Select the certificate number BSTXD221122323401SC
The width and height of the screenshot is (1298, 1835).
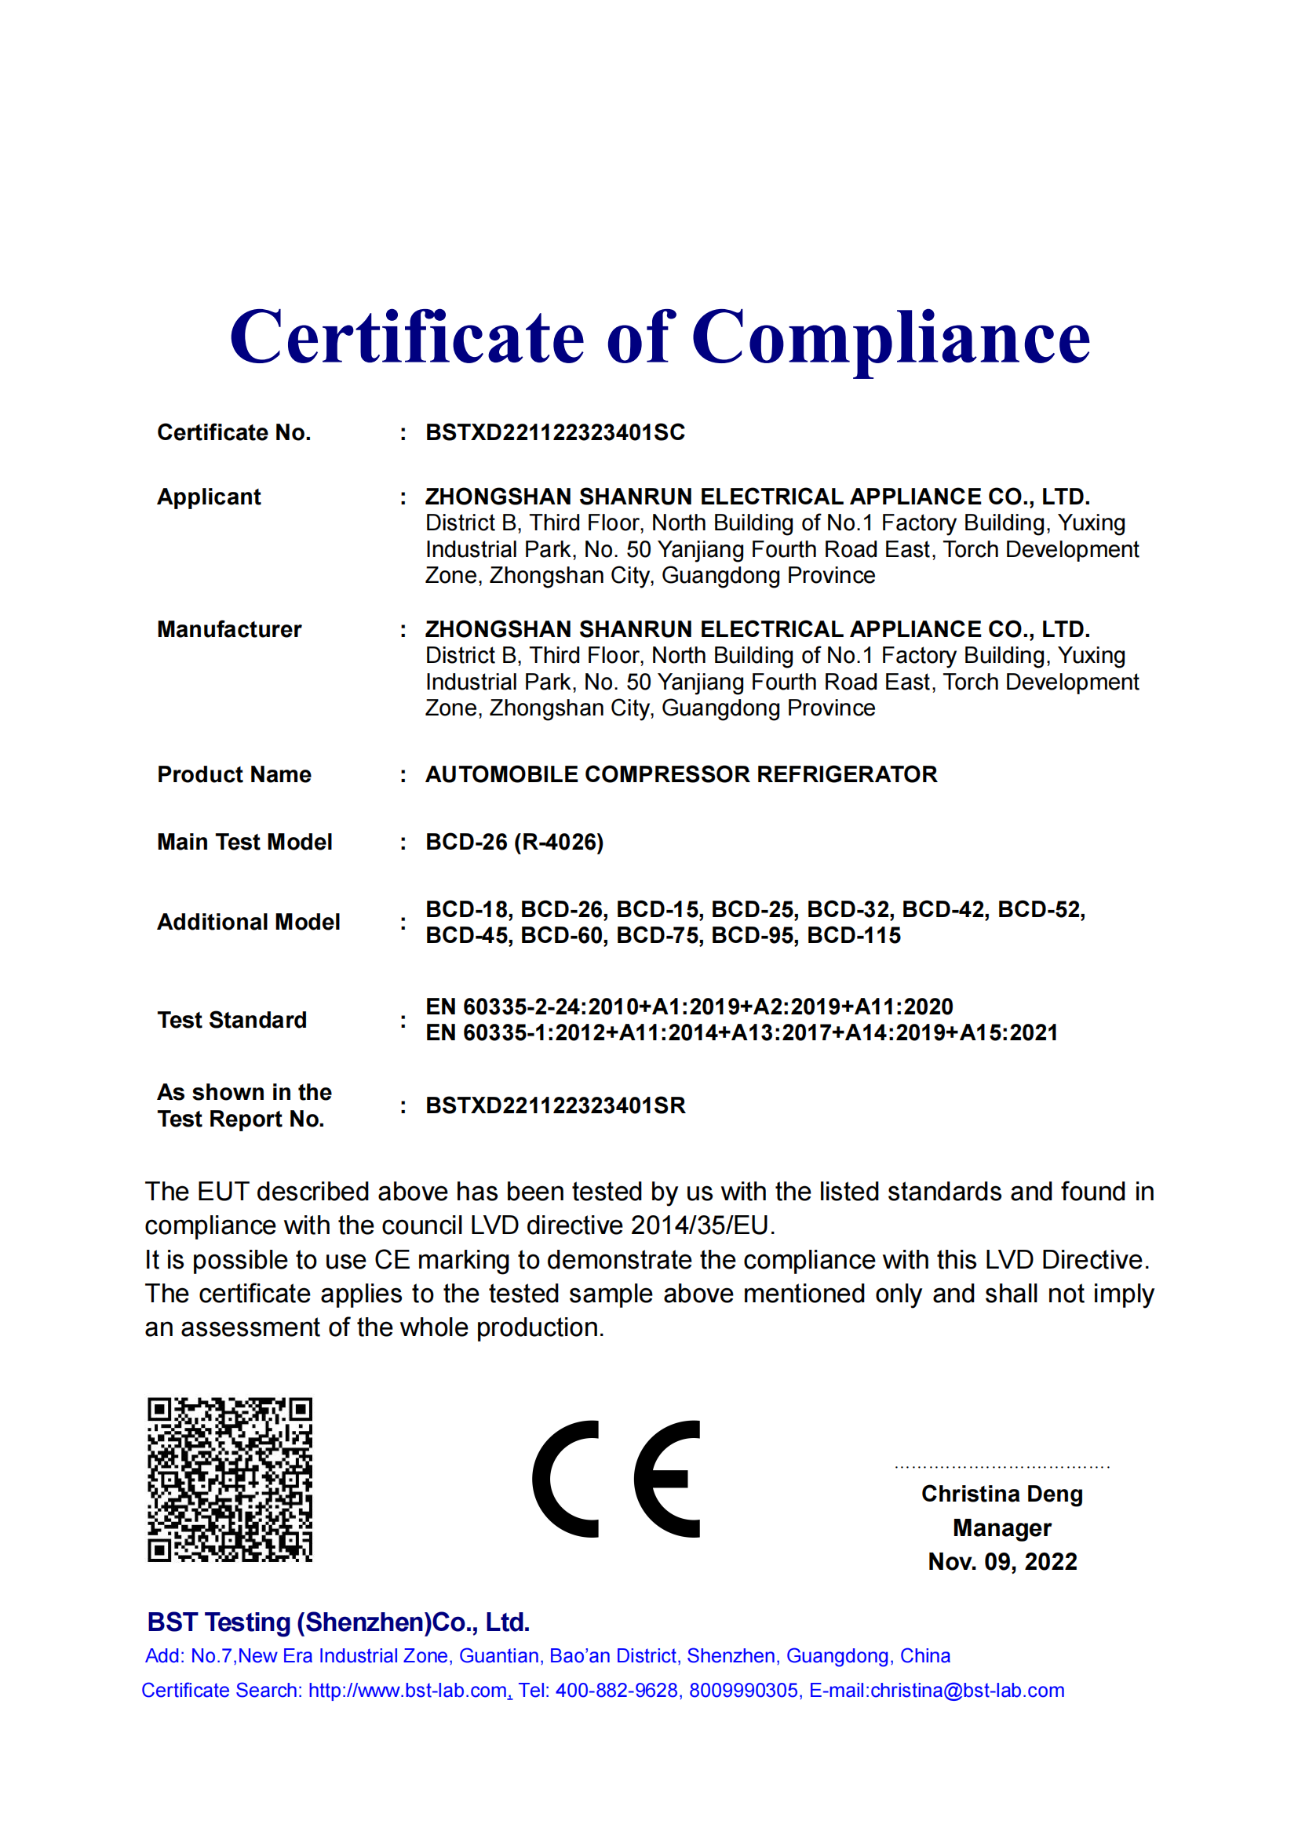point(555,432)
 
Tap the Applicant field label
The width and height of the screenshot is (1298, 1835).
point(209,497)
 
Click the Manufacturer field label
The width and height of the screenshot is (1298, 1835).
point(229,629)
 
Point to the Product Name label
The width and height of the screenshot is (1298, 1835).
point(234,774)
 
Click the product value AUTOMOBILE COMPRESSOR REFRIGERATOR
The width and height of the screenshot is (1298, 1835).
point(681,774)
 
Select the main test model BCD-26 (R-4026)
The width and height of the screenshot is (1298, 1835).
point(514,842)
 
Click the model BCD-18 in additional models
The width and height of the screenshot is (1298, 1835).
point(469,909)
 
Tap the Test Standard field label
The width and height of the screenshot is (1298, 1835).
point(232,1020)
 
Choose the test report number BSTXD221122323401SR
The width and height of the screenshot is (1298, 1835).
point(555,1105)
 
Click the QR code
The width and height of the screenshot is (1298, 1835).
point(230,1480)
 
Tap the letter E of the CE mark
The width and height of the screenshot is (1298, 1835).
point(667,1480)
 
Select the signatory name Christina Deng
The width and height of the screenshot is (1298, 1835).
point(1001,1494)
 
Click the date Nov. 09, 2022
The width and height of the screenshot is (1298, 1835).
point(1001,1562)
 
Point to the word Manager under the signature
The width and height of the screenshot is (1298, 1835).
point(1001,1528)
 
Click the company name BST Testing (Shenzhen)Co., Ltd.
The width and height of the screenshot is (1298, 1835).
point(338,1622)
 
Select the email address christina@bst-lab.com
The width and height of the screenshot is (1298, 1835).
point(967,1691)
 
